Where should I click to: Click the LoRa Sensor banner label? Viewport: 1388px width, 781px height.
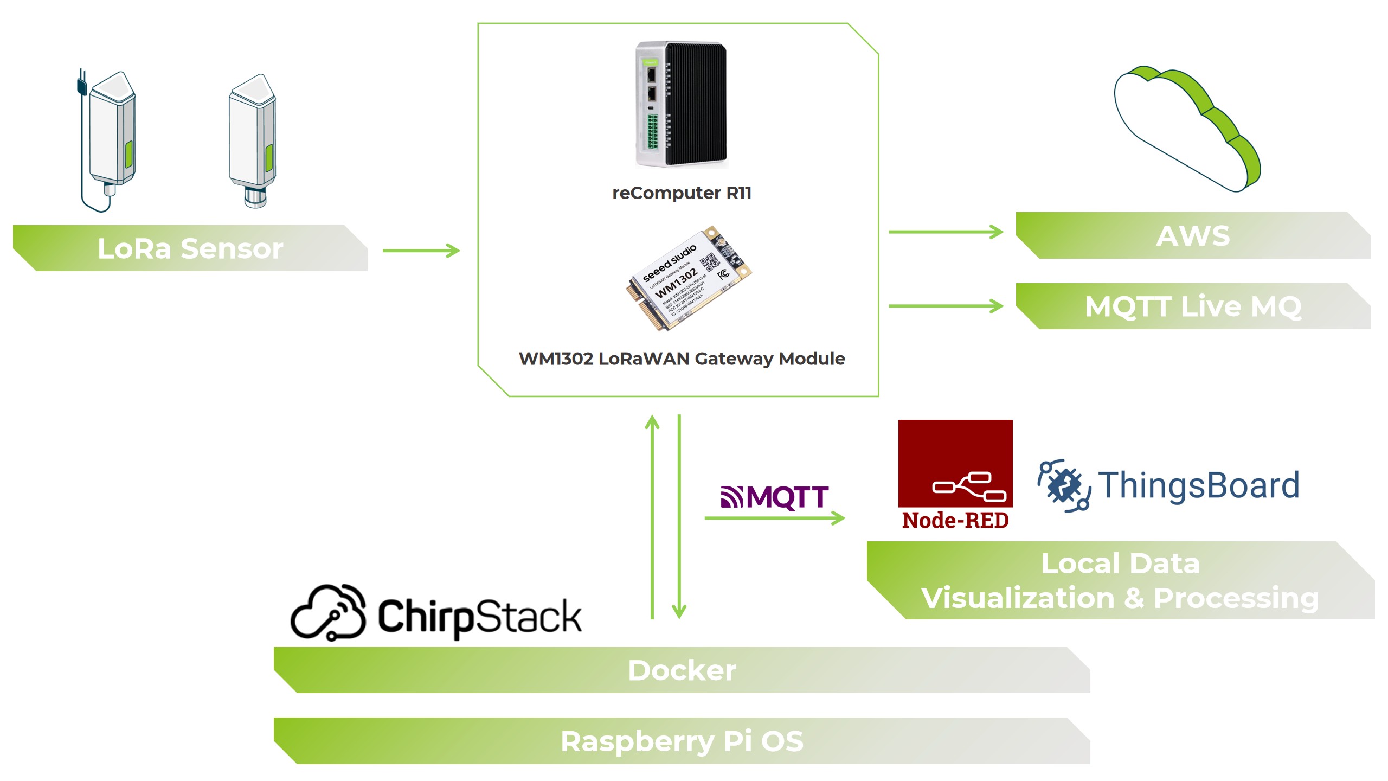tap(190, 248)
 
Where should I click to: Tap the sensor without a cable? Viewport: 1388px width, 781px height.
tap(253, 138)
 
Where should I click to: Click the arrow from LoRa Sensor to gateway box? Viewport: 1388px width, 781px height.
tap(421, 251)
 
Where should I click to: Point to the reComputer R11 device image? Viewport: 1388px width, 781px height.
tap(681, 104)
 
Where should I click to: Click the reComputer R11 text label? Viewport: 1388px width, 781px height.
tap(682, 193)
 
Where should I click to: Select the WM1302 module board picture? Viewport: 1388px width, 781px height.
tap(689, 278)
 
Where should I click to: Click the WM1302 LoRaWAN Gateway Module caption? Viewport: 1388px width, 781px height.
tap(682, 359)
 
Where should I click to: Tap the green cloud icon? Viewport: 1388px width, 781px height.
tap(1187, 130)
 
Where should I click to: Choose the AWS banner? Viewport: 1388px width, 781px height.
tap(1193, 235)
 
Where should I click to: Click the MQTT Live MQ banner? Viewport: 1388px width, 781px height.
tap(1193, 306)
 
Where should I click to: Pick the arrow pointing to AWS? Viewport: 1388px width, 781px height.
tap(946, 232)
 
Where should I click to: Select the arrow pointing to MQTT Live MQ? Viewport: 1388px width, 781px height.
tap(946, 306)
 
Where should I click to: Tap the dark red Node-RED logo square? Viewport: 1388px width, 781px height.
tap(955, 464)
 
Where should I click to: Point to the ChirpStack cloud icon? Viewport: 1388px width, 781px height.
tap(329, 613)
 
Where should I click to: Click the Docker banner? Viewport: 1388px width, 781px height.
tap(682, 670)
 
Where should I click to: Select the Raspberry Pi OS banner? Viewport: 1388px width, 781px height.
tap(682, 741)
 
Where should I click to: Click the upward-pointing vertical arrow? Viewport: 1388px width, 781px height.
tap(652, 515)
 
